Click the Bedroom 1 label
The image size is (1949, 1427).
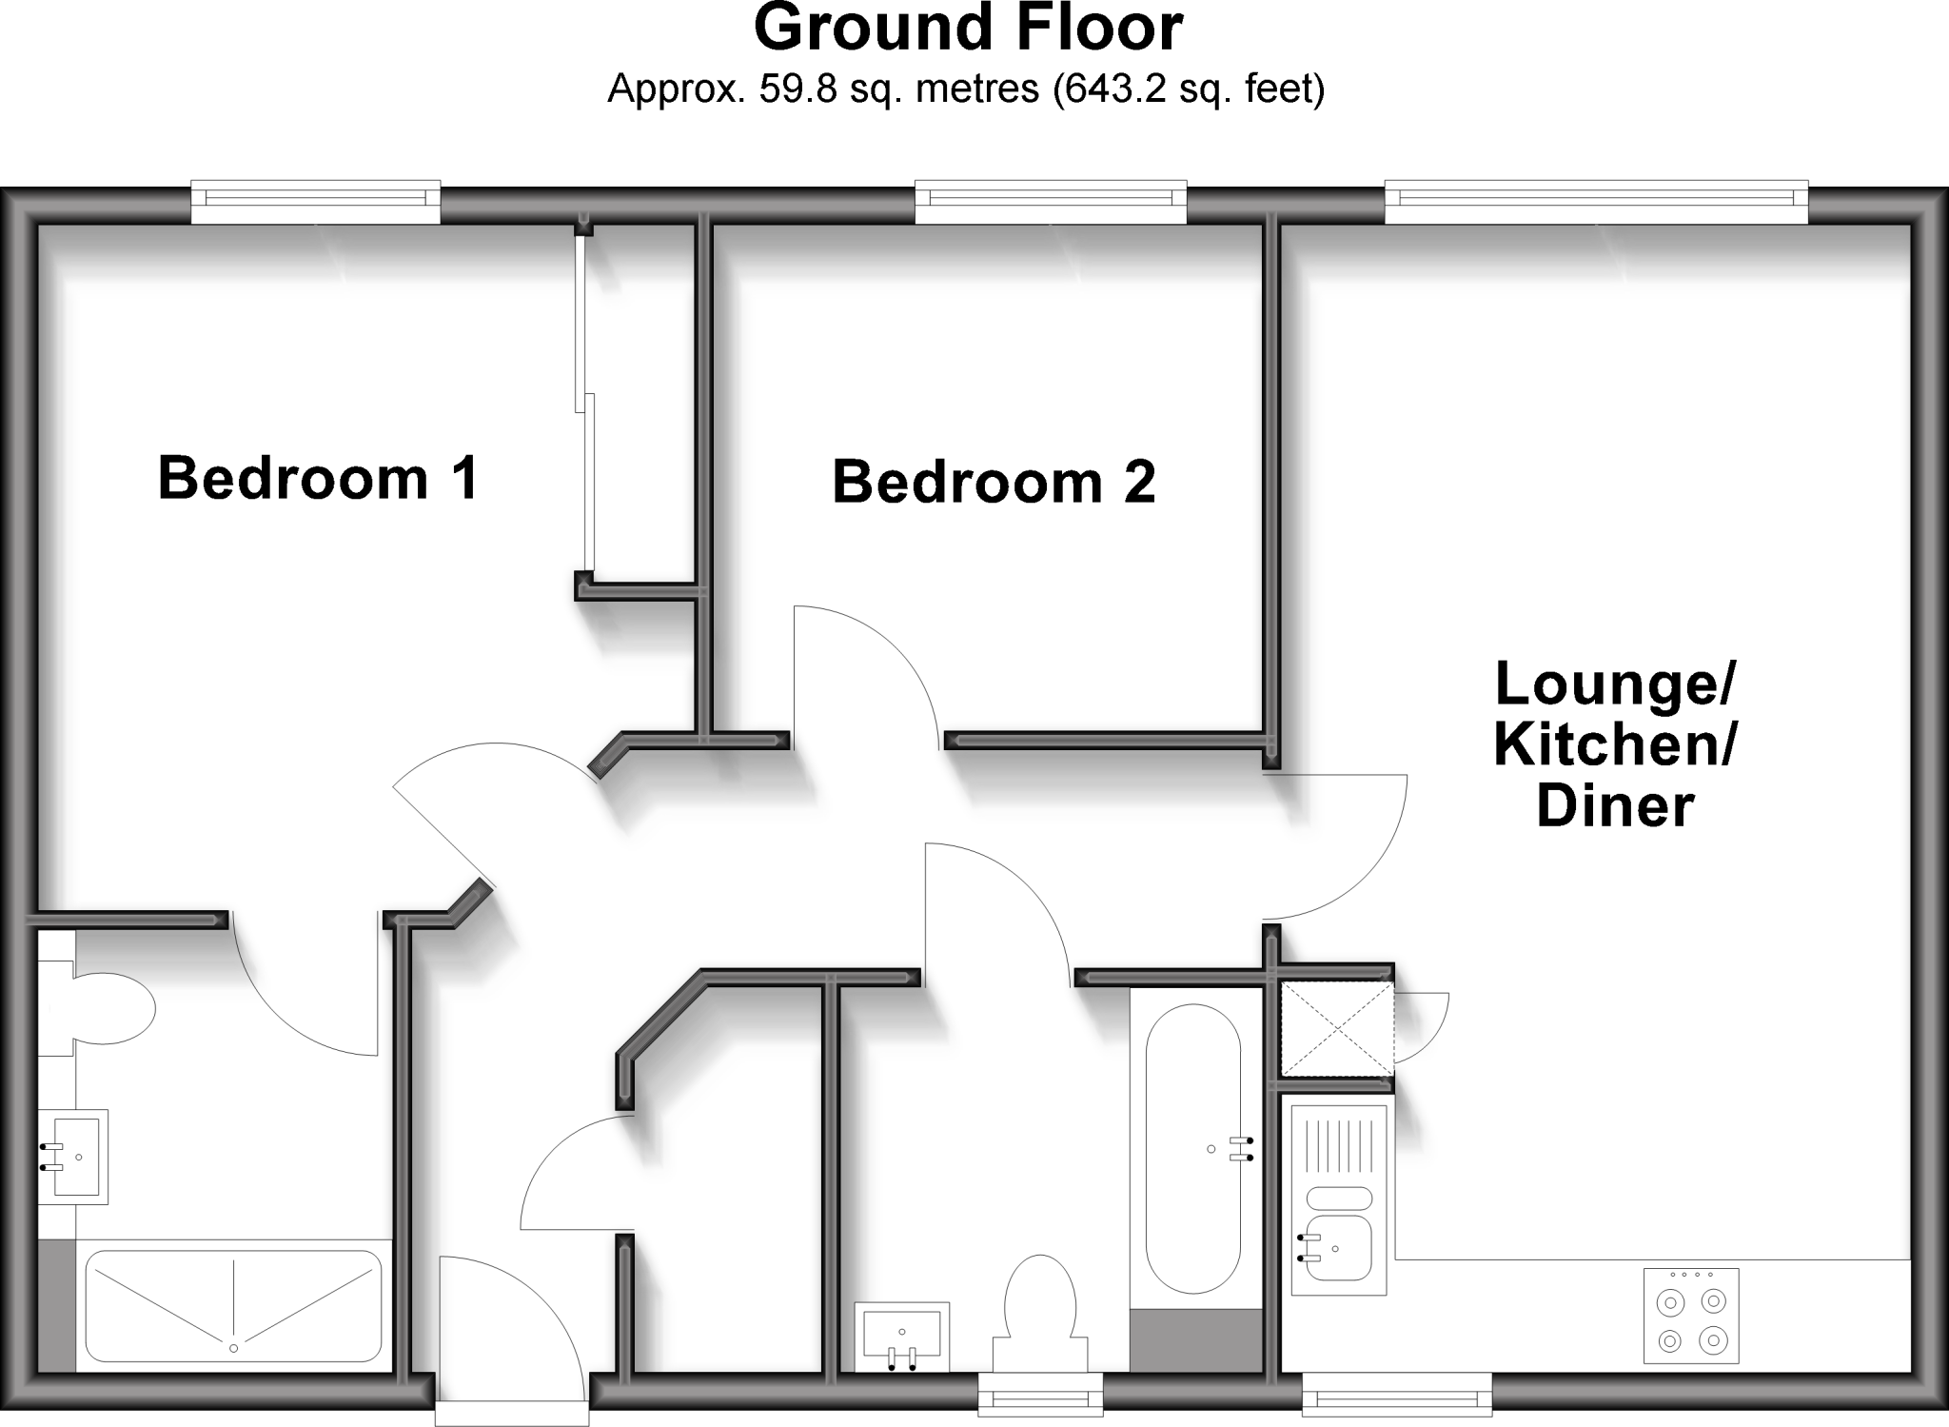click(318, 478)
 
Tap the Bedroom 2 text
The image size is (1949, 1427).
click(994, 482)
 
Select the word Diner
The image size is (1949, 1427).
click(1615, 805)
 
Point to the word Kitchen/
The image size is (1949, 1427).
click(1615, 744)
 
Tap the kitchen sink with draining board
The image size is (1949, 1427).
click(1338, 1199)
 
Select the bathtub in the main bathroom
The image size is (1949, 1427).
click(1193, 1148)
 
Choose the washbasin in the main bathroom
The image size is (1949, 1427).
click(900, 1336)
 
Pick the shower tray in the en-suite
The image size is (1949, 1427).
click(233, 1304)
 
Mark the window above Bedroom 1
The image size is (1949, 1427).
click(316, 201)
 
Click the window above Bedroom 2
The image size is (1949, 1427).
click(1051, 201)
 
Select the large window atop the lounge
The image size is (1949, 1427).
click(1596, 201)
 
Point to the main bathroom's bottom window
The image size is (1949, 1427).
click(1041, 1398)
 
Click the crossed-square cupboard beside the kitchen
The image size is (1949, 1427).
click(1336, 1029)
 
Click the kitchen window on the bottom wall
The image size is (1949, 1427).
click(1396, 1398)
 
